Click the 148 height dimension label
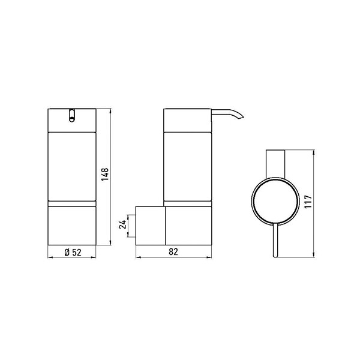pos(105,175)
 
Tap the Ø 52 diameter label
pos(73,253)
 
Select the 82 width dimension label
pos(173,252)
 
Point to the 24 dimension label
pos(122,224)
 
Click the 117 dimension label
pos(308,202)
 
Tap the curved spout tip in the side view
pos(241,118)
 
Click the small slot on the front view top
pos(72,115)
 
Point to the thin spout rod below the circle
pos(275,240)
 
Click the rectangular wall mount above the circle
pos(275,164)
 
